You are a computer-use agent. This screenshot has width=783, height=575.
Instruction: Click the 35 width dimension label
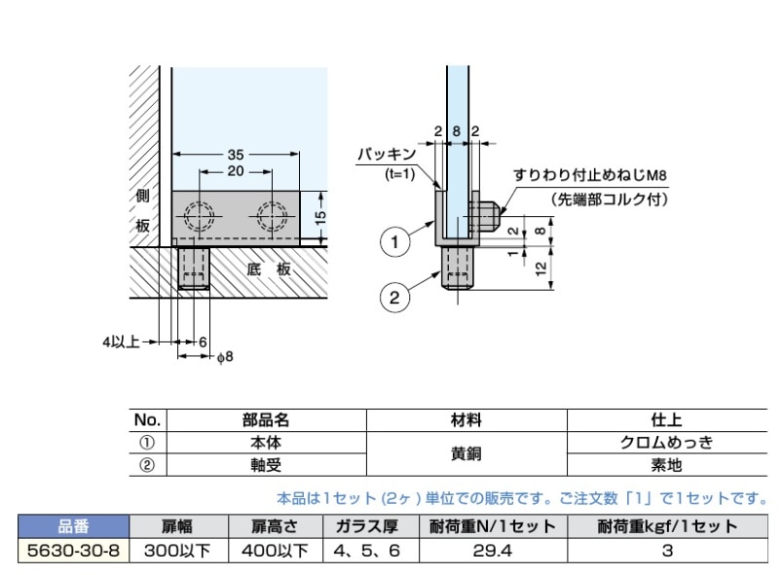point(236,154)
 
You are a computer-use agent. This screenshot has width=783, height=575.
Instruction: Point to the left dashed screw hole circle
point(201,216)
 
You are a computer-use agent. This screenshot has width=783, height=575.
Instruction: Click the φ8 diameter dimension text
point(222,357)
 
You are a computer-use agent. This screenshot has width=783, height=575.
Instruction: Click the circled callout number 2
point(394,299)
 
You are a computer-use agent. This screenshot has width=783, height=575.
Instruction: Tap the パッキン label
point(386,154)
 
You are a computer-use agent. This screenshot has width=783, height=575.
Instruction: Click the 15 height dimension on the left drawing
point(321,215)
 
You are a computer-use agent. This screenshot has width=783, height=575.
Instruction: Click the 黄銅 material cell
point(464,452)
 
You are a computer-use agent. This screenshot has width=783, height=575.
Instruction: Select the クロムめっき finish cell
point(667,442)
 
